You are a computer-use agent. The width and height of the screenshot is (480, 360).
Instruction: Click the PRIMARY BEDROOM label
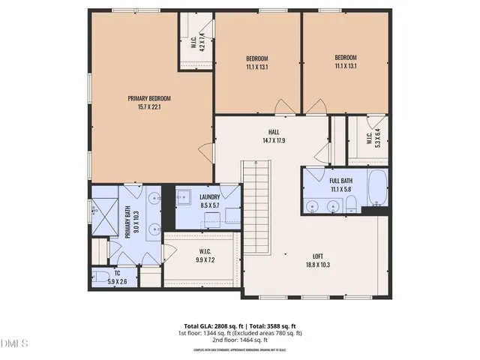click(149, 98)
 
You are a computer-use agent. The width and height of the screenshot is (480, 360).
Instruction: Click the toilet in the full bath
click(349, 205)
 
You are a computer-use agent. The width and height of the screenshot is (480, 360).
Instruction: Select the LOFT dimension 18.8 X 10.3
click(318, 265)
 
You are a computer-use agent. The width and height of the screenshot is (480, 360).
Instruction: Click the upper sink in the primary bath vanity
click(154, 199)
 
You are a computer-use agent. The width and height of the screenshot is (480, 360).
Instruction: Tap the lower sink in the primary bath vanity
click(154, 229)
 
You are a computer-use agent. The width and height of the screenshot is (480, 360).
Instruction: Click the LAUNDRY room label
click(209, 197)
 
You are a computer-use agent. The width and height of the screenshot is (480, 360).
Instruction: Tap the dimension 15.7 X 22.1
click(149, 107)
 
